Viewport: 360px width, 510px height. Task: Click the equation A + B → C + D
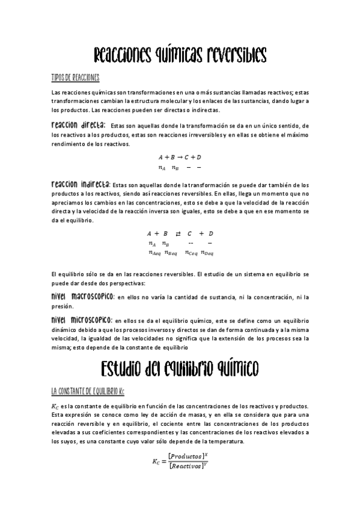[179, 157]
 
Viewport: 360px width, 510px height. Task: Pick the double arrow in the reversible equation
[178, 233]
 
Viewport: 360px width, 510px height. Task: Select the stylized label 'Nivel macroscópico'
[83, 297]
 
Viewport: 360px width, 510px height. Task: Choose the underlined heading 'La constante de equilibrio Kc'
[88, 392]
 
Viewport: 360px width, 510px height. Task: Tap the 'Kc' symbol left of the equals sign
[157, 462]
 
